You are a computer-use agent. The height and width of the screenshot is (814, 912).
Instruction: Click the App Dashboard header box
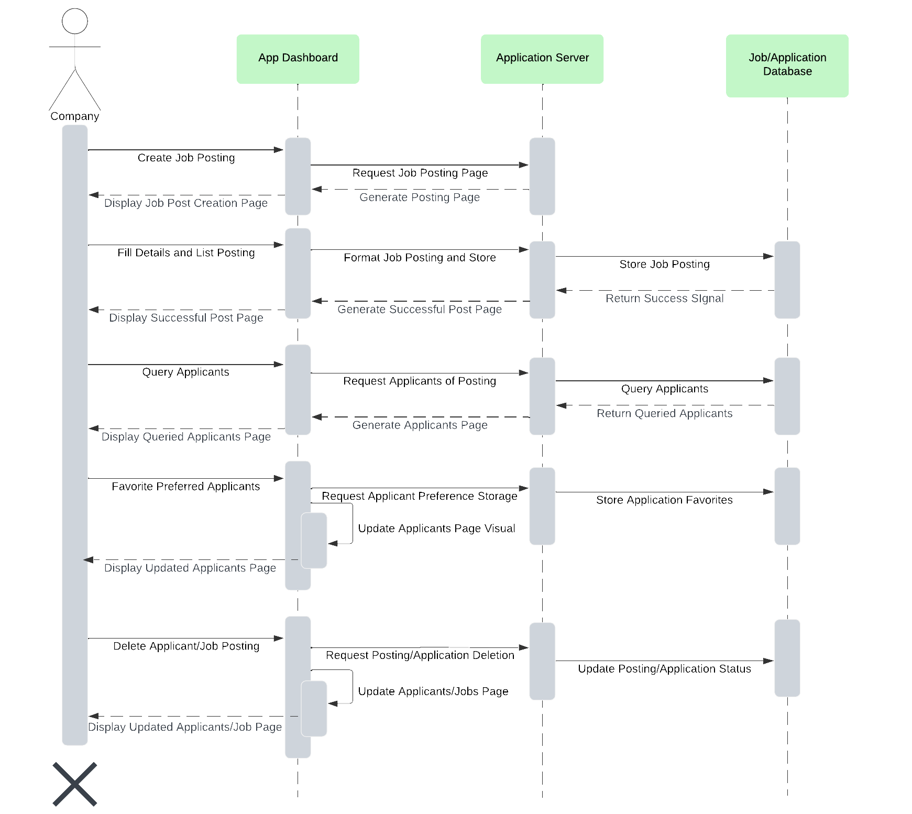click(298, 59)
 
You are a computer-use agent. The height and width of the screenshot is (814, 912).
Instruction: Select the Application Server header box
click(542, 59)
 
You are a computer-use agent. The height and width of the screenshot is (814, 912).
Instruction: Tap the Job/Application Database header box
click(787, 65)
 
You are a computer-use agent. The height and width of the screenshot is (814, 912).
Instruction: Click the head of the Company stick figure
click(75, 21)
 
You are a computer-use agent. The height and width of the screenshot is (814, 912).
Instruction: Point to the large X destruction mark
click(75, 784)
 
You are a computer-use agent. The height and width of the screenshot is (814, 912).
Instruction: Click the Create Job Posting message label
click(186, 158)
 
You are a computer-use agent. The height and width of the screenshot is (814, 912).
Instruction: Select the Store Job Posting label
click(664, 265)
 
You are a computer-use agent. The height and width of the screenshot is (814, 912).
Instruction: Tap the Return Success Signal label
click(664, 299)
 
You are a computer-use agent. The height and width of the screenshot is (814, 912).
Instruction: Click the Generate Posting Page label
click(420, 197)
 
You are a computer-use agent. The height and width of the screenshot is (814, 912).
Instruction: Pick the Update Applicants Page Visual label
click(436, 529)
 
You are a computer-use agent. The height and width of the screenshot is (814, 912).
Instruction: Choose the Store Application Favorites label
click(664, 500)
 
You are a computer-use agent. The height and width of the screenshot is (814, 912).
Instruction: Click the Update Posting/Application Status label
click(664, 669)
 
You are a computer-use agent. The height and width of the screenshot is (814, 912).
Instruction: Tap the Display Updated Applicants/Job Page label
click(185, 727)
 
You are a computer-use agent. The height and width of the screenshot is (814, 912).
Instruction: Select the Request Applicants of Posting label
click(420, 381)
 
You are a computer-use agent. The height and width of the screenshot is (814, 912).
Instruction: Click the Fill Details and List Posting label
click(186, 253)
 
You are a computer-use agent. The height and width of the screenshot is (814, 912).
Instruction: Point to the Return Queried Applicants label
click(664, 414)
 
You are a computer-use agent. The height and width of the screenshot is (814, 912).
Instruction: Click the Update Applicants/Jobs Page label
click(433, 691)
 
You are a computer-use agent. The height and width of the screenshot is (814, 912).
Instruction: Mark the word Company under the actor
click(75, 116)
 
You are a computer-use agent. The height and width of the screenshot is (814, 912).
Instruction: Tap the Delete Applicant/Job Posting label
click(186, 646)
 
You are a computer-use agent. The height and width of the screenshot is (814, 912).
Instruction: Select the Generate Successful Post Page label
click(420, 310)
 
